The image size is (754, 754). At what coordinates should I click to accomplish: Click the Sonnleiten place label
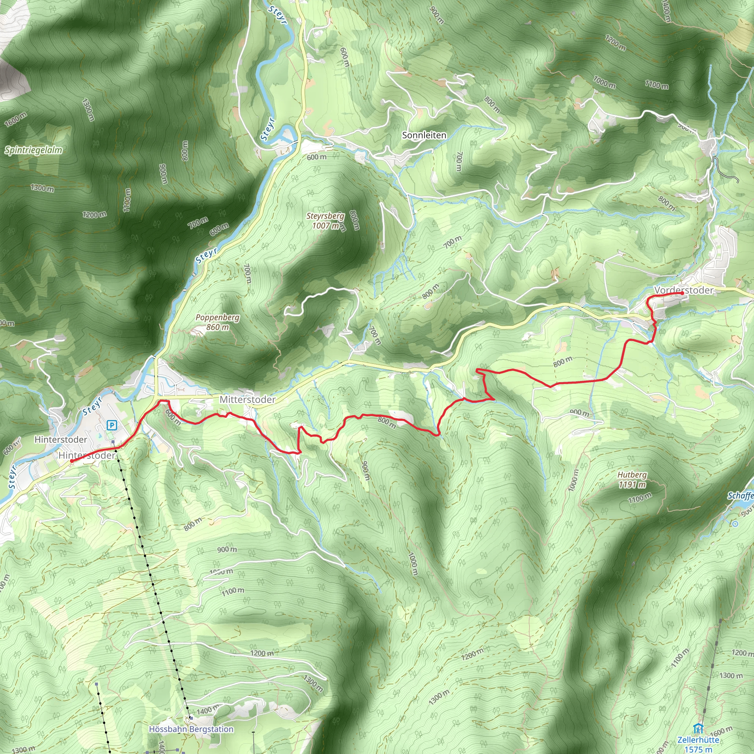[424, 135]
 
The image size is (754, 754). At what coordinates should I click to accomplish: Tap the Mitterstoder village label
[247, 399]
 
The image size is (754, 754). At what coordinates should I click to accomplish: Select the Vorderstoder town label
[684, 290]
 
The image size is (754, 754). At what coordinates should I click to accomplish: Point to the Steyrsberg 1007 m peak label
[325, 221]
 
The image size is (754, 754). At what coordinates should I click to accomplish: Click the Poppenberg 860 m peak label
[217, 322]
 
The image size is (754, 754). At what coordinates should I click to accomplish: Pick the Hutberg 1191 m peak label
[632, 480]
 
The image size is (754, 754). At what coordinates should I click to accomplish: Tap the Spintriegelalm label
[34, 150]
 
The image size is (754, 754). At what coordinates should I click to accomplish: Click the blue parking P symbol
[112, 425]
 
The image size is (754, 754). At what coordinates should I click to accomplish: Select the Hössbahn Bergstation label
[191, 729]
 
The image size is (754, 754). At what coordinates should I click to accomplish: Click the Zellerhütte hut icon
[698, 728]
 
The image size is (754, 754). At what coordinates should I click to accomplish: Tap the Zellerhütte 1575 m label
[698, 744]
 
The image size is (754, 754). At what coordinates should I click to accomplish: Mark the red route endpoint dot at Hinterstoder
[71, 461]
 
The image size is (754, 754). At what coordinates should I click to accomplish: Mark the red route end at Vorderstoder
[681, 293]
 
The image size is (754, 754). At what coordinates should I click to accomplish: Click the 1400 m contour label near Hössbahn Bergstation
[207, 710]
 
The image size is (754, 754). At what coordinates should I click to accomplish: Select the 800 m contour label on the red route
[386, 422]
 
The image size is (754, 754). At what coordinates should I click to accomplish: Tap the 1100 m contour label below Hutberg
[640, 498]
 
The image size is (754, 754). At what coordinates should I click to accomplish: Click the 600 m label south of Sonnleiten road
[317, 157]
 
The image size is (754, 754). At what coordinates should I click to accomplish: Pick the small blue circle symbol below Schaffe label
[735, 524]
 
